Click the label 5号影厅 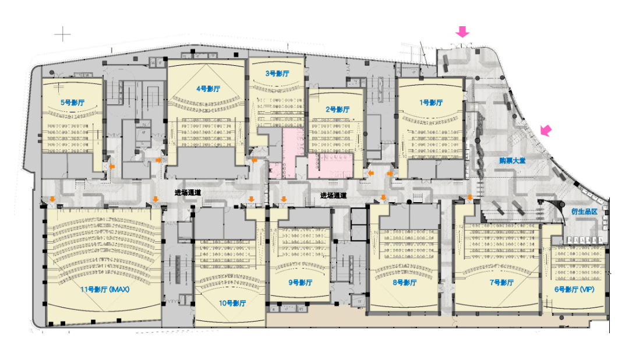[73, 103]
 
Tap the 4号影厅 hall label [208, 89]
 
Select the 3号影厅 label [277, 73]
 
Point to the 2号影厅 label [337, 109]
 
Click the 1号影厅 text [431, 103]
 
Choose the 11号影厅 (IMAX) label [105, 290]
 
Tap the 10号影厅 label [232, 303]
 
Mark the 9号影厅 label [301, 283]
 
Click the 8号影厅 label [405, 283]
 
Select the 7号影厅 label [501, 283]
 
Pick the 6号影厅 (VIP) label [574, 290]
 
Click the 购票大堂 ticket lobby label [513, 161]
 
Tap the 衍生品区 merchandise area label [585, 211]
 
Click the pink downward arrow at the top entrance [462, 31]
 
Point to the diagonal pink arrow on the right [546, 130]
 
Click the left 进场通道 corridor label [188, 193]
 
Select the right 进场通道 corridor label [333, 196]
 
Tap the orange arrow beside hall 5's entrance [112, 166]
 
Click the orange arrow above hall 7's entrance [470, 197]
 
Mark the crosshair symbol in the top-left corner [62, 34]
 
